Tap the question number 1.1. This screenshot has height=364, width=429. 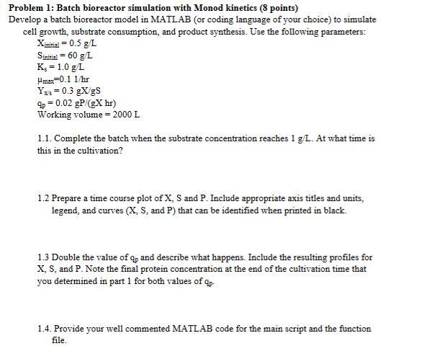click(x=43, y=138)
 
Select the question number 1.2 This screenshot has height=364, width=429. click(x=43, y=197)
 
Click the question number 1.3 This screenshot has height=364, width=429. click(x=43, y=257)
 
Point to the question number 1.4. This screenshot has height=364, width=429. click(x=43, y=329)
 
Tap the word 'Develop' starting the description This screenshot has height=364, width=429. click(x=26, y=19)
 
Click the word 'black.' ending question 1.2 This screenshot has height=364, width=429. click(x=334, y=210)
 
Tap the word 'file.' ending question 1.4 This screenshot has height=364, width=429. click(x=59, y=341)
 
